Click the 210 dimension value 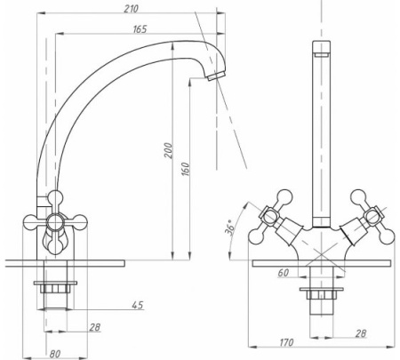[x=131, y=9]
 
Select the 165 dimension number [x=140, y=29]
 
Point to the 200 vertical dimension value [x=168, y=150]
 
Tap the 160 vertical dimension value [x=185, y=169]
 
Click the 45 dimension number [x=138, y=305]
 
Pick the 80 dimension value [x=55, y=354]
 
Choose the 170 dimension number [x=286, y=342]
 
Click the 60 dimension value [x=283, y=273]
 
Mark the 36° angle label [x=230, y=228]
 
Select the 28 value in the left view [x=95, y=327]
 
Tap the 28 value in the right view [x=361, y=333]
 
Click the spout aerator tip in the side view [x=216, y=76]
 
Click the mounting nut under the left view [x=55, y=288]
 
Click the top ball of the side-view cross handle [x=55, y=197]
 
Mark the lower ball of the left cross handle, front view [x=256, y=236]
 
